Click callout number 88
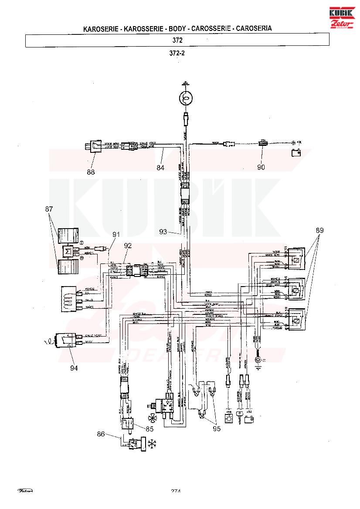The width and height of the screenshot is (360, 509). [91, 172]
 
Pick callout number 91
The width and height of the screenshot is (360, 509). [115, 234]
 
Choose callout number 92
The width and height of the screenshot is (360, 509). [127, 246]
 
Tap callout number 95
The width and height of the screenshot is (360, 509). [217, 428]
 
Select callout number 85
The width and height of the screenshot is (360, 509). [149, 428]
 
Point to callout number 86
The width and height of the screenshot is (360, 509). [101, 434]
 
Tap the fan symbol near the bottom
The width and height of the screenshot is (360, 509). [153, 419]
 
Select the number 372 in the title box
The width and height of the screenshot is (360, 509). [177, 40]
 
